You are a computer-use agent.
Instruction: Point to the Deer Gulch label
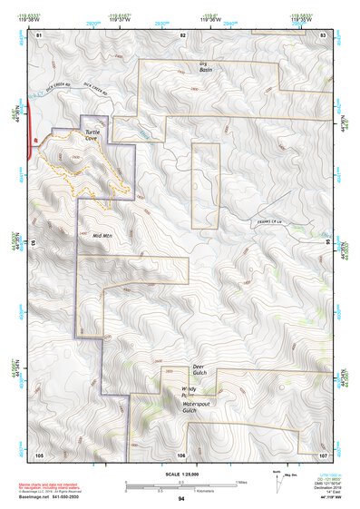(200, 371)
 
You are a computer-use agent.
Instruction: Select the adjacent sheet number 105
(39, 454)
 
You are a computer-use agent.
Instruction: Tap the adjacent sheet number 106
(181, 454)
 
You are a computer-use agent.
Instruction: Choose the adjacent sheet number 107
(323, 454)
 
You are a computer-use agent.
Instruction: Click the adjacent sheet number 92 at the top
(182, 34)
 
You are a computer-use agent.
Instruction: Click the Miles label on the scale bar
(240, 482)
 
